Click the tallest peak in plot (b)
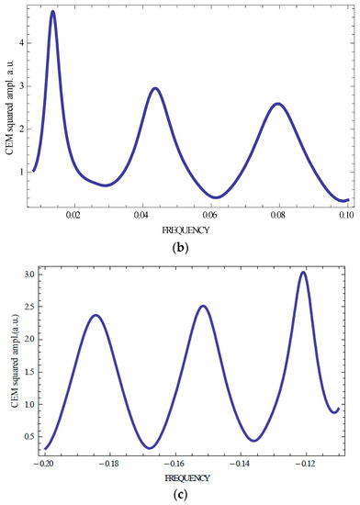[52, 12]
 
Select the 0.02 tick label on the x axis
[73, 216]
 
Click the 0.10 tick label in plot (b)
[345, 216]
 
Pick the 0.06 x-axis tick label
[210, 216]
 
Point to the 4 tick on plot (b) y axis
[24, 44]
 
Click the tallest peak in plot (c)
[302, 273]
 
